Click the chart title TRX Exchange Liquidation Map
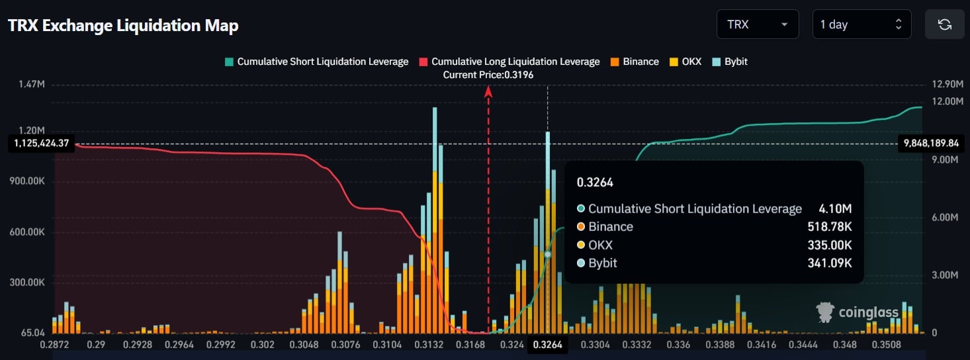(x=123, y=26)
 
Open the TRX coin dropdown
(x=757, y=24)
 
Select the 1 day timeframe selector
(x=861, y=24)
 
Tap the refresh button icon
(x=945, y=24)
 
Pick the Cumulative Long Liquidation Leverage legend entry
(x=509, y=62)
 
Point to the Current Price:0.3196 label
(x=488, y=75)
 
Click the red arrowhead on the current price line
(x=488, y=92)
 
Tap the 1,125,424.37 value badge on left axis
(x=40, y=143)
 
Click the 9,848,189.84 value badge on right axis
(x=930, y=143)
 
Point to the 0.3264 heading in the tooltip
(x=595, y=183)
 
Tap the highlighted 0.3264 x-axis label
(x=548, y=344)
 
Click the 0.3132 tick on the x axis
(x=433, y=344)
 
